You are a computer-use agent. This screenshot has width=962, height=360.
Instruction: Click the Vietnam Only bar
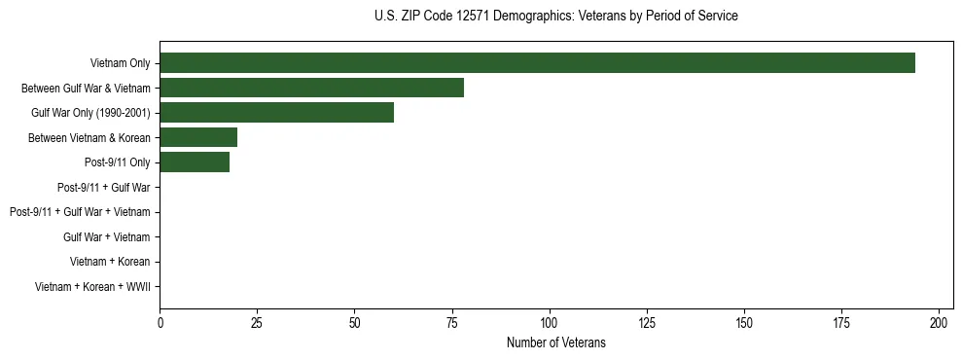[537, 63]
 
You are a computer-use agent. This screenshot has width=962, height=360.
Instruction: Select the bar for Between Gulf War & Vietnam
[311, 88]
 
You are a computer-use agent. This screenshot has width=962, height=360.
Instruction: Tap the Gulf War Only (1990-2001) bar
[276, 113]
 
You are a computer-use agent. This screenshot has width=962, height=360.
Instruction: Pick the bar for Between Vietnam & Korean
[198, 137]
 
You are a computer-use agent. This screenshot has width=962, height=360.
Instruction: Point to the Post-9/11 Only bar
[195, 162]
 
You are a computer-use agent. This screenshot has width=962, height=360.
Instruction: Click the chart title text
[555, 17]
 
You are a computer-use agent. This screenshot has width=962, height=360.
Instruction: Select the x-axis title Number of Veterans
[555, 342]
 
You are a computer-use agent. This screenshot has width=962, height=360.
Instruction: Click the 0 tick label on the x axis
[160, 322]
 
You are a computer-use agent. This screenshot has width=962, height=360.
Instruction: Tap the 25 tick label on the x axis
[257, 322]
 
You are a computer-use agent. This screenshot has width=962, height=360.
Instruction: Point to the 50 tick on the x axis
[354, 322]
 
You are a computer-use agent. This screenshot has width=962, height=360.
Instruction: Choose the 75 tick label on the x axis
[452, 322]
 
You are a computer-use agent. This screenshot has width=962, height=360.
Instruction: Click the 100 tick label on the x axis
[550, 322]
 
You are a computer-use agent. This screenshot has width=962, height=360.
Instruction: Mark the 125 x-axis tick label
[647, 322]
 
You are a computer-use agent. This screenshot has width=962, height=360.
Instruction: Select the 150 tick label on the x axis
[744, 322]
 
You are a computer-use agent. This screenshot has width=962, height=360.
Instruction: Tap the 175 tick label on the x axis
[841, 322]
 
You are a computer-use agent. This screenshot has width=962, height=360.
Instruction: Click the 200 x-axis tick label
[940, 322]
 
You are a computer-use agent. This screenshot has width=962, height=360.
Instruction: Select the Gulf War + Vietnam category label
[106, 237]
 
